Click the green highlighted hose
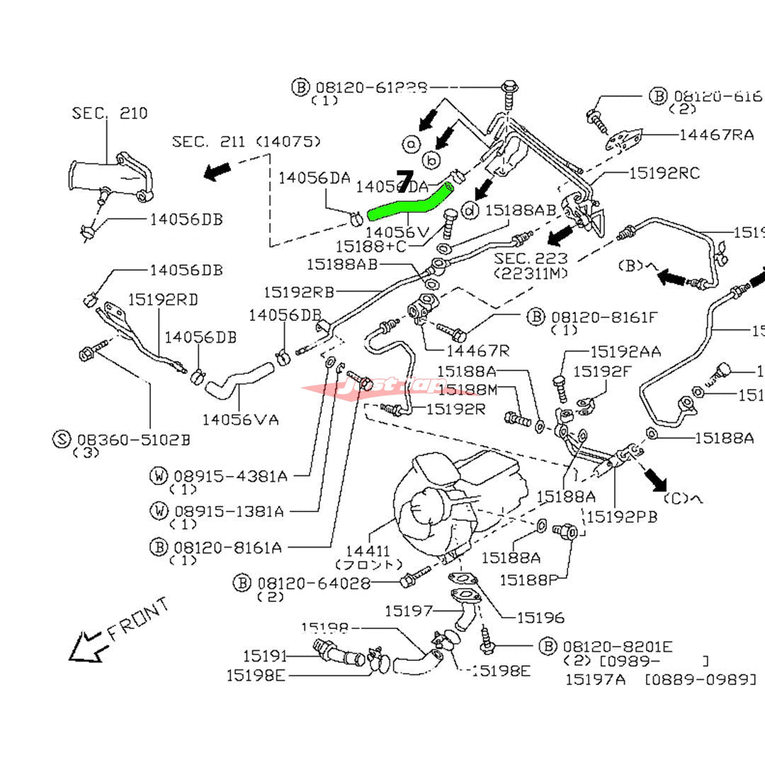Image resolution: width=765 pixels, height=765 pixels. pos(407,203)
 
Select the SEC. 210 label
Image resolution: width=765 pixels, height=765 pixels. pos(110,113)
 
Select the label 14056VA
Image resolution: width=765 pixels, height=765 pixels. pos(240,419)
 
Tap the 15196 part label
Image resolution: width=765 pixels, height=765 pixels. pos(540,618)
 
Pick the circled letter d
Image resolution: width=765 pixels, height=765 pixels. pos(469,210)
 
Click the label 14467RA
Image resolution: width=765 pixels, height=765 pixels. pos(716,135)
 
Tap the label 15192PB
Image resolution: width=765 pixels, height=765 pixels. pos(622,517)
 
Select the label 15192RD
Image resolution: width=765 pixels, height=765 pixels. pos(163,299)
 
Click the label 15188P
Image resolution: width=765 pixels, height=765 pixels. pos(528,580)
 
